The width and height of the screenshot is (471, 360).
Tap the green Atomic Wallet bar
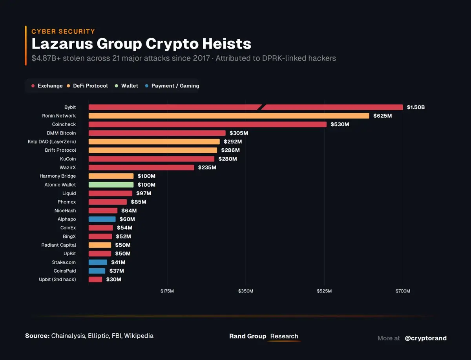[x=111, y=185]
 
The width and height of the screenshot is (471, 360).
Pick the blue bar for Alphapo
[x=102, y=219]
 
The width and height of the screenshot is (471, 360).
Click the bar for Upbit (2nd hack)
[x=95, y=280]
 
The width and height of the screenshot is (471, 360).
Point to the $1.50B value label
[x=416, y=107]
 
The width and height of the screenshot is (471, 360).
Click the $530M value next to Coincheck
[x=340, y=124]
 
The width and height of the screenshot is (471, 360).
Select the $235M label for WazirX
[x=207, y=167]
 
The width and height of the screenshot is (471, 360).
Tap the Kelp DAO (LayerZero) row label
[x=52, y=142]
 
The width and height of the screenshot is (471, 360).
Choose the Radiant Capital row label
[x=58, y=245]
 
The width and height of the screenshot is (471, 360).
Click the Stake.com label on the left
[x=64, y=262]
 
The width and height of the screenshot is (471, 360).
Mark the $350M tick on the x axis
[x=246, y=291]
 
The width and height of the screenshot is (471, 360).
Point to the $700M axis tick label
[x=403, y=291]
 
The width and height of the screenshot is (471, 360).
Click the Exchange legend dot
[x=33, y=86]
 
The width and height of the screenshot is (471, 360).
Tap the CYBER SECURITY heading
[x=63, y=31]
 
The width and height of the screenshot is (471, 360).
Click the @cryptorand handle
[x=425, y=338]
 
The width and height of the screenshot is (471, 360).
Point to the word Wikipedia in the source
[x=139, y=336]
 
